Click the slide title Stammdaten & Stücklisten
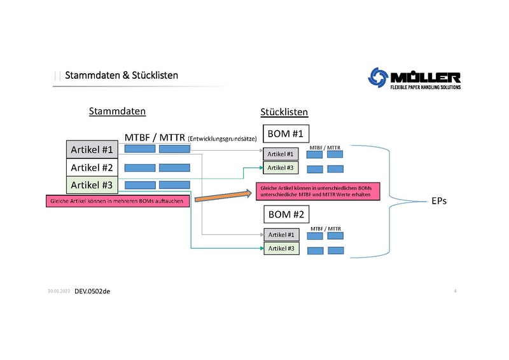pyautogui.click(x=121, y=76)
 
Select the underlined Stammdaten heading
pyautogui.click(x=117, y=111)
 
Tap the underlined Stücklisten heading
pyautogui.click(x=284, y=113)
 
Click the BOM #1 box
pyautogui.click(x=286, y=134)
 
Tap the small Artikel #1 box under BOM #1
pyautogui.click(x=281, y=154)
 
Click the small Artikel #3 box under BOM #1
pyautogui.click(x=281, y=168)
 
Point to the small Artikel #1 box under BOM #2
pyautogui.click(x=281, y=235)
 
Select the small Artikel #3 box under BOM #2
pyautogui.click(x=281, y=249)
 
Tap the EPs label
pyautogui.click(x=438, y=201)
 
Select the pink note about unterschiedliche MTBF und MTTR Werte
pyautogui.click(x=317, y=190)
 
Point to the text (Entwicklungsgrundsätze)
pyautogui.click(x=223, y=138)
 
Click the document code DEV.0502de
pyautogui.click(x=92, y=291)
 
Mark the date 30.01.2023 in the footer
pyautogui.click(x=59, y=291)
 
